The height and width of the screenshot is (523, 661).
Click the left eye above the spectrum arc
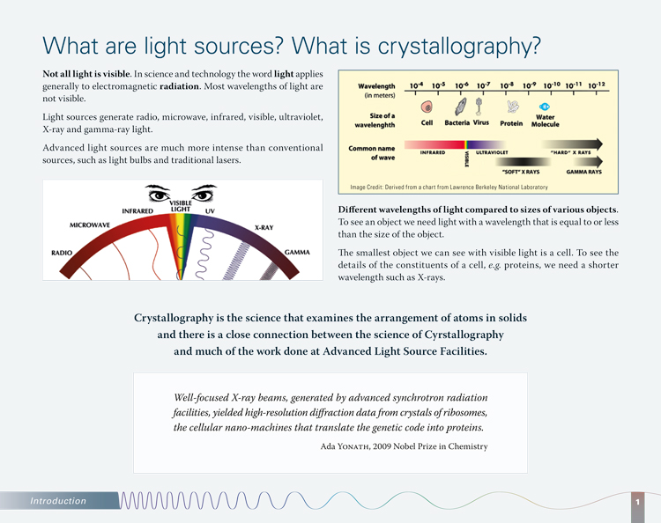tap(160, 192)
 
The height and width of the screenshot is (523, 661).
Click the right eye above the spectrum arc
tap(204, 192)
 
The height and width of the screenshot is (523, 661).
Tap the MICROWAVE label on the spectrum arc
tap(89, 225)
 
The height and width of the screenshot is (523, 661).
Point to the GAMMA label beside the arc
tap(296, 253)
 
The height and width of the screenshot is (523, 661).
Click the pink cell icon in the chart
tap(428, 107)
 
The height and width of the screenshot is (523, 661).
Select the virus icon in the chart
tap(479, 106)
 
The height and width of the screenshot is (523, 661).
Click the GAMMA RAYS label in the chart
tap(583, 172)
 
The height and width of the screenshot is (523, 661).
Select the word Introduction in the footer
tap(58, 501)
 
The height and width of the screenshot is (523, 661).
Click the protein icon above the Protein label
tap(512, 107)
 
